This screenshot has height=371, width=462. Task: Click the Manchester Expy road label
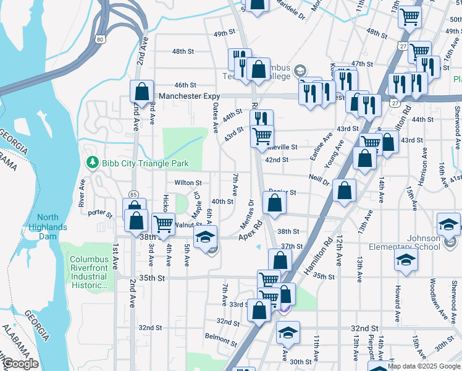[189, 96]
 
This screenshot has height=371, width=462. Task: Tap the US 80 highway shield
[100, 39]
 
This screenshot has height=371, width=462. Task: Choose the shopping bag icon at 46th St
[141, 91]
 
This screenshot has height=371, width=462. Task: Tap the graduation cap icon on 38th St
[206, 236]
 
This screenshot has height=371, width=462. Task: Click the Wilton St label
[188, 183]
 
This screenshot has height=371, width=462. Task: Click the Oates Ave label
[216, 118]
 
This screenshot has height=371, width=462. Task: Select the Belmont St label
[221, 338]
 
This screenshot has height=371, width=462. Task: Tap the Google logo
[20, 364]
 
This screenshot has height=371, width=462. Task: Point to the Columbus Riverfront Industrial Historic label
[88, 273]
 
